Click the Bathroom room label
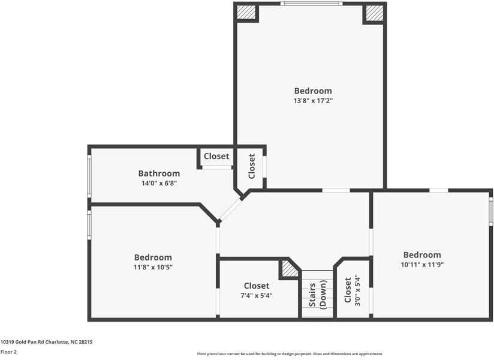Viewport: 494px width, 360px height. coord(159,173)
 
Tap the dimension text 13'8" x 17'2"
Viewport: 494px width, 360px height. coord(313,101)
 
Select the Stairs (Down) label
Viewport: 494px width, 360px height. coord(318,295)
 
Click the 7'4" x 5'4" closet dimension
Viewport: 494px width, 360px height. coord(257,295)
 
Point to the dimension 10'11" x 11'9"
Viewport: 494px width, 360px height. coord(422,264)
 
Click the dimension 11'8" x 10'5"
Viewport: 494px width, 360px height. coord(153,267)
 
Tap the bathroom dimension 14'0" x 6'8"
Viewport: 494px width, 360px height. coord(159,183)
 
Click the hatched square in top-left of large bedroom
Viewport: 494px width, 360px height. coord(246,12)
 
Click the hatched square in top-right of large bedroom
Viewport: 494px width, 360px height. coord(374,12)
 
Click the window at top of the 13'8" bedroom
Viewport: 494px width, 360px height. coord(312,4)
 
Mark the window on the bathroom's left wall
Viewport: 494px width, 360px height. coord(89,176)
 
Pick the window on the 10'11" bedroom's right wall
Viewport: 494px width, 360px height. coord(490,211)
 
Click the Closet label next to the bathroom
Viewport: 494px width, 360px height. coord(216,156)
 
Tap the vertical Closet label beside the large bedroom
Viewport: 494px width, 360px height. coord(252,166)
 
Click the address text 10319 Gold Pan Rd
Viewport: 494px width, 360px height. coord(46,341)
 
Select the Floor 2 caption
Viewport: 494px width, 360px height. coord(8,352)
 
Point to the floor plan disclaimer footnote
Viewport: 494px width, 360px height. coord(290,354)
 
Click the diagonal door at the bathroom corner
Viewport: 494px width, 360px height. coord(230,210)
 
